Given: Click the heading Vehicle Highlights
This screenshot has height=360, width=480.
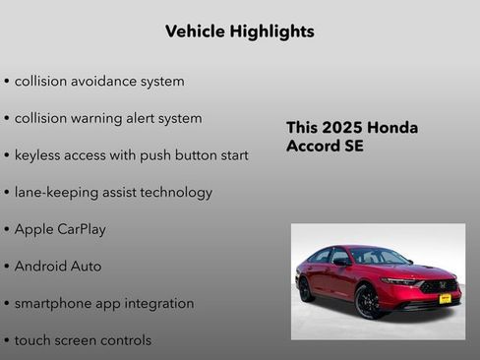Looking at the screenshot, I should pos(240,31).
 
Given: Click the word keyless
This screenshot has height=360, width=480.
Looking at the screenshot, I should pos(39,155).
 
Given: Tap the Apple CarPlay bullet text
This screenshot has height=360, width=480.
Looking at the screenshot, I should pos(60,229).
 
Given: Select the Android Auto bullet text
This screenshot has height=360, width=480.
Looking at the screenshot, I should pos(58,266).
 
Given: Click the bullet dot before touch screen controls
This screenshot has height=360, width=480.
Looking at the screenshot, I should pos(7,341).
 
